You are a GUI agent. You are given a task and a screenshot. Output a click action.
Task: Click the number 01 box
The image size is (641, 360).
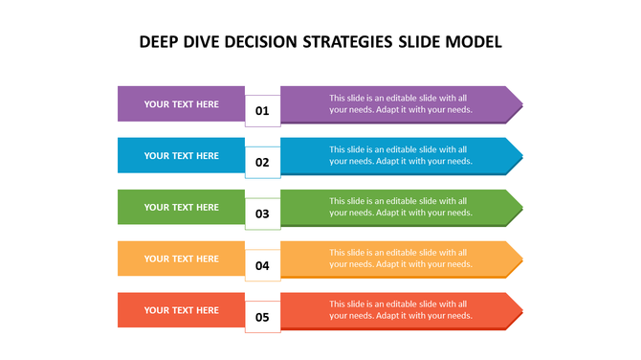click(x=262, y=111)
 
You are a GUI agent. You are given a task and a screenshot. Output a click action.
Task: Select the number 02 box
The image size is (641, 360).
click(x=262, y=163)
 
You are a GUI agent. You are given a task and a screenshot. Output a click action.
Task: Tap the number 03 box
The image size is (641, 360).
click(x=262, y=214)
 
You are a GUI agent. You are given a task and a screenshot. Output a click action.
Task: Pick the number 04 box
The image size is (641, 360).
click(x=262, y=265)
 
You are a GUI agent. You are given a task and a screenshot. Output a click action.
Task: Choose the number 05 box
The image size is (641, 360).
click(x=262, y=316)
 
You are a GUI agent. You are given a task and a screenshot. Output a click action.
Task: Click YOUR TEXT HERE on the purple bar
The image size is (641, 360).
click(x=181, y=103)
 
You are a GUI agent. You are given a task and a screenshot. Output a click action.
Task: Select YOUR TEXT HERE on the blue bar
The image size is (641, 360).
click(x=181, y=155)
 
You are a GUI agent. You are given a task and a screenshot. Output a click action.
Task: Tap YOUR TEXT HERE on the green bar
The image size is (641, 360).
click(x=181, y=207)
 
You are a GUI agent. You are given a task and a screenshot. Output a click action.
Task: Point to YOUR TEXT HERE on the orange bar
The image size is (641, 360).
click(x=181, y=259)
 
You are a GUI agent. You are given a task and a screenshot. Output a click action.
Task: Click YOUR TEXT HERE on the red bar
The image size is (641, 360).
click(x=181, y=310)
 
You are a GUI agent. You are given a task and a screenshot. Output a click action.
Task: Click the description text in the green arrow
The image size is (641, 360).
click(x=400, y=207)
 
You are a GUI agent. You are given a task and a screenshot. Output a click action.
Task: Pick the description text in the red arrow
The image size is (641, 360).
click(x=400, y=310)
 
